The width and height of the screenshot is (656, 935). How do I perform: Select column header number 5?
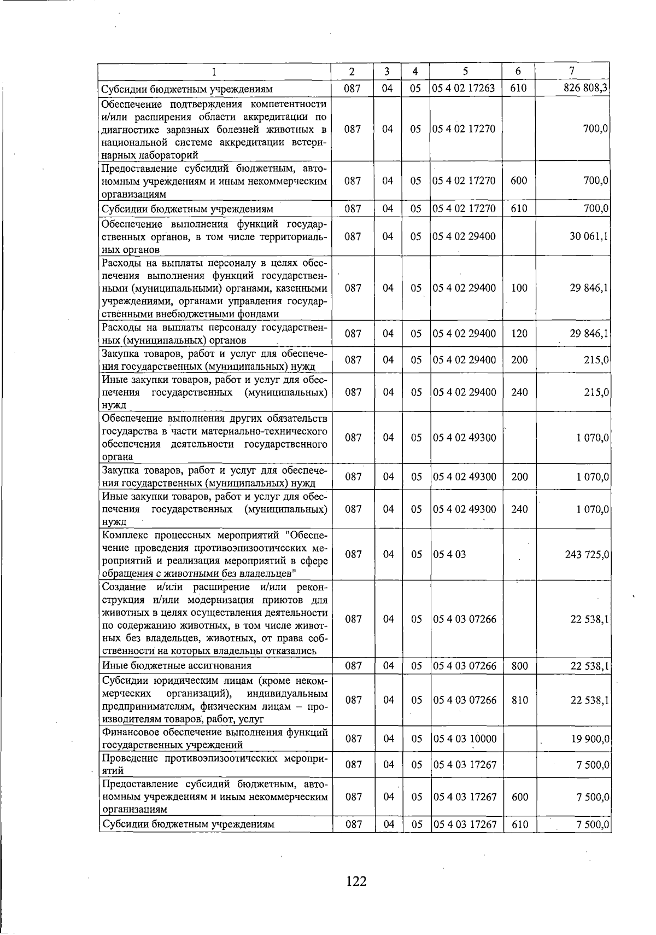[x=465, y=71]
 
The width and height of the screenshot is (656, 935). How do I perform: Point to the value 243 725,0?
[x=587, y=555]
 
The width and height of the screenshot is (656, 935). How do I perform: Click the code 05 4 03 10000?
[x=465, y=739]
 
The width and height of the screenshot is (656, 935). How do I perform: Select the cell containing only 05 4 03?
[x=449, y=555]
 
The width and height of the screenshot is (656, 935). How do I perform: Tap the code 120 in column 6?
[x=519, y=334]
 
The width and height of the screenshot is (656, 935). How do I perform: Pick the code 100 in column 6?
[x=519, y=288]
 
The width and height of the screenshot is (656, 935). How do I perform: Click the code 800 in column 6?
[x=519, y=666]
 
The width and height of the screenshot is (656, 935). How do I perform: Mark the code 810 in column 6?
[x=519, y=700]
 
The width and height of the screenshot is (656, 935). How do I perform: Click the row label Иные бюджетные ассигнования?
[x=177, y=666]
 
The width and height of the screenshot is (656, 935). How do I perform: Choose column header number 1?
[x=215, y=71]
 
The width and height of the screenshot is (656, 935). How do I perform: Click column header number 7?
[x=572, y=71]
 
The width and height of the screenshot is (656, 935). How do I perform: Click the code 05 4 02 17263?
[x=465, y=89]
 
